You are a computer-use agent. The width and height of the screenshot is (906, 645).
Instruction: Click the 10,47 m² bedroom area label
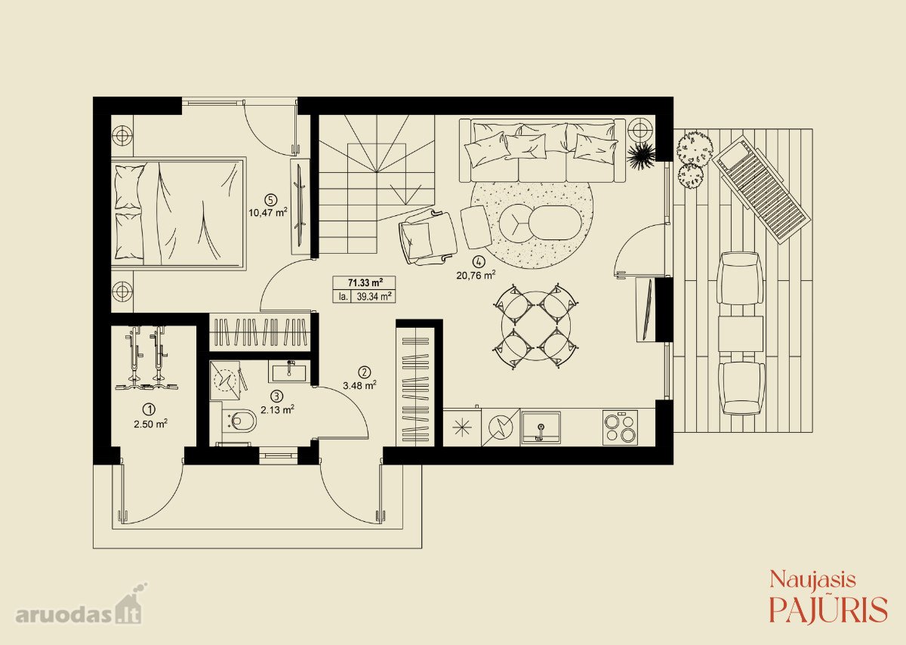pyautogui.click(x=268, y=212)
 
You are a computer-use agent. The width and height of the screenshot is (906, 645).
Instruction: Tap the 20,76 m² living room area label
pyautogui.click(x=476, y=275)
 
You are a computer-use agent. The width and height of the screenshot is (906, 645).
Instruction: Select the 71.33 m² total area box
pyautogui.click(x=364, y=282)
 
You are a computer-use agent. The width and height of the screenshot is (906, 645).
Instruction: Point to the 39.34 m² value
pyautogui.click(x=374, y=296)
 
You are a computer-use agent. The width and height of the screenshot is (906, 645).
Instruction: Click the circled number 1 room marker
pyautogui.click(x=150, y=410)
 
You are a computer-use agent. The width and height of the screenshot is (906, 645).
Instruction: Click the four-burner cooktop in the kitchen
pyautogui.click(x=620, y=427)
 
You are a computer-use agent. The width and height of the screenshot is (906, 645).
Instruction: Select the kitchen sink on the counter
pyautogui.click(x=541, y=428)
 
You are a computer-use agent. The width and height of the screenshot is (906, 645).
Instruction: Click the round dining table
pyautogui.click(x=536, y=326)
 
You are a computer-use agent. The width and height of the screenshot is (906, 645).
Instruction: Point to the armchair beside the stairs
pyautogui.click(x=427, y=237)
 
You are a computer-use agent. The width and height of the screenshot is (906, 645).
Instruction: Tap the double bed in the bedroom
pyautogui.click(x=178, y=213)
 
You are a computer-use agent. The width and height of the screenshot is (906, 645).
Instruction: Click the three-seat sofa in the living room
pyautogui.click(x=543, y=150)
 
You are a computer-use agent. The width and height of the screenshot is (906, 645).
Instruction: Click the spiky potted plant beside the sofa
pyautogui.click(x=641, y=155)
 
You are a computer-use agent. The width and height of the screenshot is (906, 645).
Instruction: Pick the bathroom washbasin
pyautogui.click(x=288, y=371)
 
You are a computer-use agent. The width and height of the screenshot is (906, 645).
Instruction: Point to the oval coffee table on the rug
pyautogui.click(x=555, y=223)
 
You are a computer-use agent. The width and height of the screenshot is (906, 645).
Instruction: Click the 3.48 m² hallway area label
pyautogui.click(x=359, y=385)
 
